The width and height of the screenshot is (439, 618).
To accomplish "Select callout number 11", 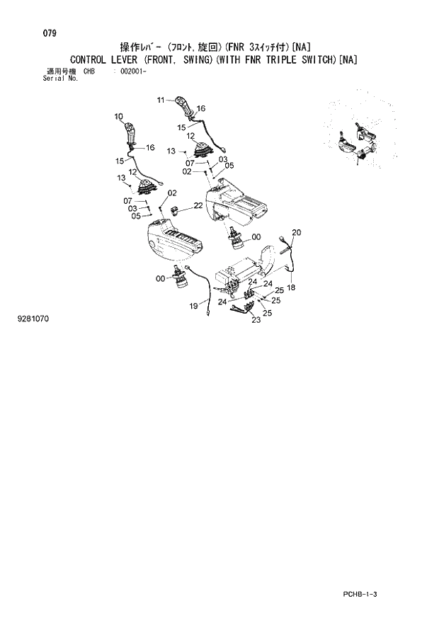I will pos(161,100).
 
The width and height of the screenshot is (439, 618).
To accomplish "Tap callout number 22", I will pos(198,205).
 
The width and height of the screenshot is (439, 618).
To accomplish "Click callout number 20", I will pos(297,232).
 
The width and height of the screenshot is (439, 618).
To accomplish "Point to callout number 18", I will pos(292,287).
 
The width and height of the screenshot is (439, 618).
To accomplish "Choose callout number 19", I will pos(193,306).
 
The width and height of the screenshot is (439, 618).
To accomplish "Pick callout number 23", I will pos(256,320).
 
